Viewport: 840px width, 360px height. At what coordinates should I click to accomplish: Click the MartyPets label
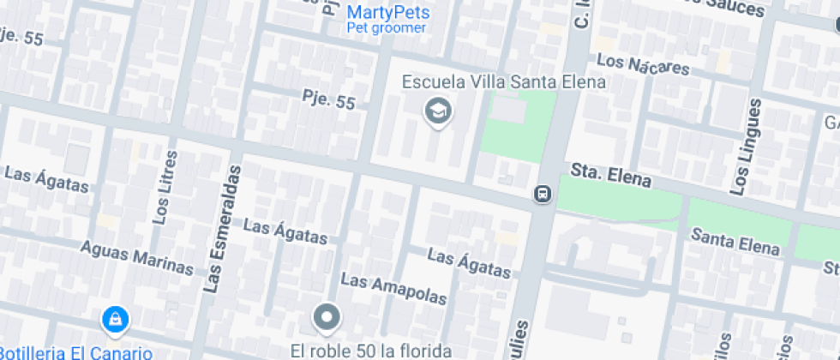(x=388, y=13)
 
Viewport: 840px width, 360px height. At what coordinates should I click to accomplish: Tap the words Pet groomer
(x=386, y=28)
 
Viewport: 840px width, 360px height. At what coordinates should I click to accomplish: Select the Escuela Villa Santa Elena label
(x=504, y=82)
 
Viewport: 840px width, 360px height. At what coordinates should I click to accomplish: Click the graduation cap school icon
(x=438, y=111)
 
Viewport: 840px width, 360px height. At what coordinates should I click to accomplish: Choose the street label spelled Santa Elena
(x=735, y=241)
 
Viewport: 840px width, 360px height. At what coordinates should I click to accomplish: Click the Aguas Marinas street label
(x=136, y=257)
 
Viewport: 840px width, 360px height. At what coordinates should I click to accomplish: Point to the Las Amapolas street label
(x=393, y=290)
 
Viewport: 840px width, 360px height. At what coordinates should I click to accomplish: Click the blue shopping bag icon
(x=114, y=321)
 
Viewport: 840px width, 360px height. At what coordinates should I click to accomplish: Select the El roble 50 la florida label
(x=370, y=350)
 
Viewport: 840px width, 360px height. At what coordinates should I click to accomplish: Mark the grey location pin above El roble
(x=327, y=318)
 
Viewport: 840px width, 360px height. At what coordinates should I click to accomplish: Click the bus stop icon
(x=543, y=195)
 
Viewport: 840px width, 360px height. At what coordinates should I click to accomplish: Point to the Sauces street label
(x=729, y=9)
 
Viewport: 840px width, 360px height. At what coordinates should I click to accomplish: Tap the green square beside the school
(x=518, y=124)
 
